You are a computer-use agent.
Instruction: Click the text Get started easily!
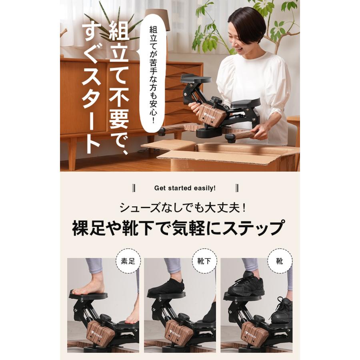[x=185, y=188]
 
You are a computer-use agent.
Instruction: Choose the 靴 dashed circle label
[x=280, y=262]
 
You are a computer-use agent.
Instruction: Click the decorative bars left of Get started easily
[x=134, y=188]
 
